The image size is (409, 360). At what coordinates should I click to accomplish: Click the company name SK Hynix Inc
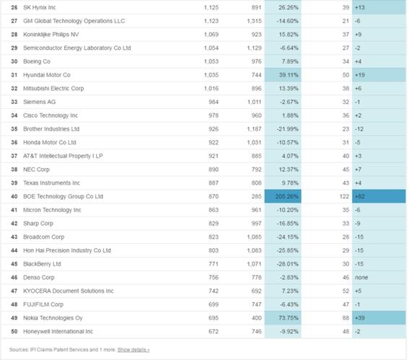[40, 7]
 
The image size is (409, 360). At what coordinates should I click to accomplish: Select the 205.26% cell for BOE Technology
[283, 196]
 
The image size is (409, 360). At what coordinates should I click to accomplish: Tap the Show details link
[133, 350]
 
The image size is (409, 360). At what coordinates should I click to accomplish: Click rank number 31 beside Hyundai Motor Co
[14, 75]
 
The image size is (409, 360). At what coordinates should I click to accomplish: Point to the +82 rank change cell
[379, 196]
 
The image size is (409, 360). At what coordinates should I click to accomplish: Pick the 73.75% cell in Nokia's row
[283, 318]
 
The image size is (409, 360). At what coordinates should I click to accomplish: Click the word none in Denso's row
[361, 278]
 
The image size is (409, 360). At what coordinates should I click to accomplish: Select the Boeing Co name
[37, 61]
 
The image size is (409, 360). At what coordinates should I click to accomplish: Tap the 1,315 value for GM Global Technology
[254, 21]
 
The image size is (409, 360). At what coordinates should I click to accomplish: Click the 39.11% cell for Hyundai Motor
[283, 75]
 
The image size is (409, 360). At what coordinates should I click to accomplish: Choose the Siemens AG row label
[40, 102]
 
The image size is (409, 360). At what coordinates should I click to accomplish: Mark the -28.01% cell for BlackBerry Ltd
[287, 264]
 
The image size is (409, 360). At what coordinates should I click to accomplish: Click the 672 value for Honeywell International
[214, 332]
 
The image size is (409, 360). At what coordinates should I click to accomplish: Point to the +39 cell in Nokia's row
[379, 318]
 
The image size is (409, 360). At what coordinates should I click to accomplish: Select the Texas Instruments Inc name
[52, 183]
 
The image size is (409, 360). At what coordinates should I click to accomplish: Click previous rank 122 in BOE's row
[344, 196]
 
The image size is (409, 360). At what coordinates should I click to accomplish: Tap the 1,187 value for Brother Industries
[254, 129]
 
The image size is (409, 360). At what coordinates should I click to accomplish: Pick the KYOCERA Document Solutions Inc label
[69, 291]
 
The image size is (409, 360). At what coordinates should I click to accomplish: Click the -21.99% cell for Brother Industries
[287, 129]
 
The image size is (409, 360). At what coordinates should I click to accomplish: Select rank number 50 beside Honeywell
[14, 332]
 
